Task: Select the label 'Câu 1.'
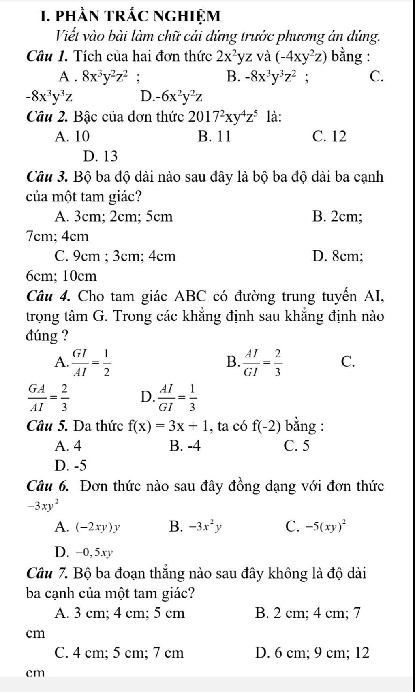click(x=48, y=56)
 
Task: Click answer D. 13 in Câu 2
click(x=100, y=156)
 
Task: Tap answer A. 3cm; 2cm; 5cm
click(x=113, y=217)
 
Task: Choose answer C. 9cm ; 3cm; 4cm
click(x=115, y=256)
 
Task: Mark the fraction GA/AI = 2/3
click(x=48, y=397)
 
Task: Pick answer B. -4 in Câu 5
click(x=185, y=446)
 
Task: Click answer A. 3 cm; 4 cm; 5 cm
click(x=120, y=613)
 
